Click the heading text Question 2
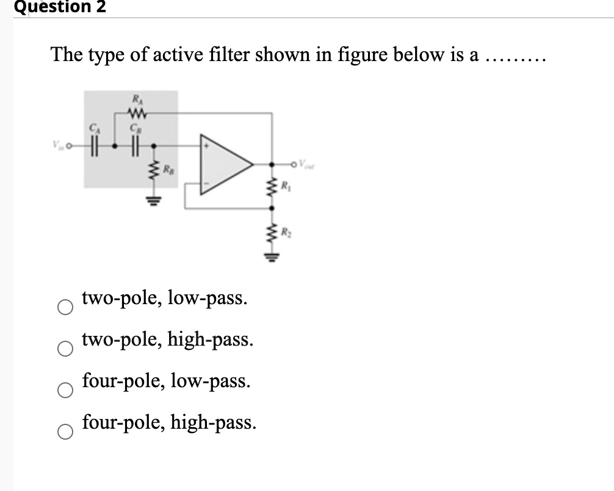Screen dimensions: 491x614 (x=53, y=7)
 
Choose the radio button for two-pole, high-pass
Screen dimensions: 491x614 (x=66, y=348)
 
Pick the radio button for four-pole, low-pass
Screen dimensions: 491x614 (x=66, y=390)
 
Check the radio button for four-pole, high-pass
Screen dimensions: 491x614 (x=66, y=431)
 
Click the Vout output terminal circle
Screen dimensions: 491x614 (x=295, y=163)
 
